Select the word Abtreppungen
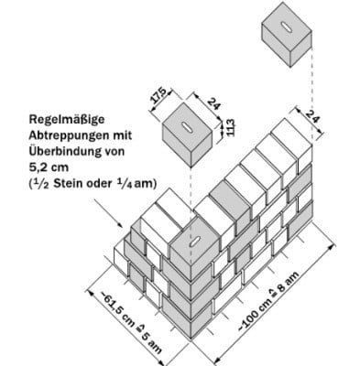point(58,135)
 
